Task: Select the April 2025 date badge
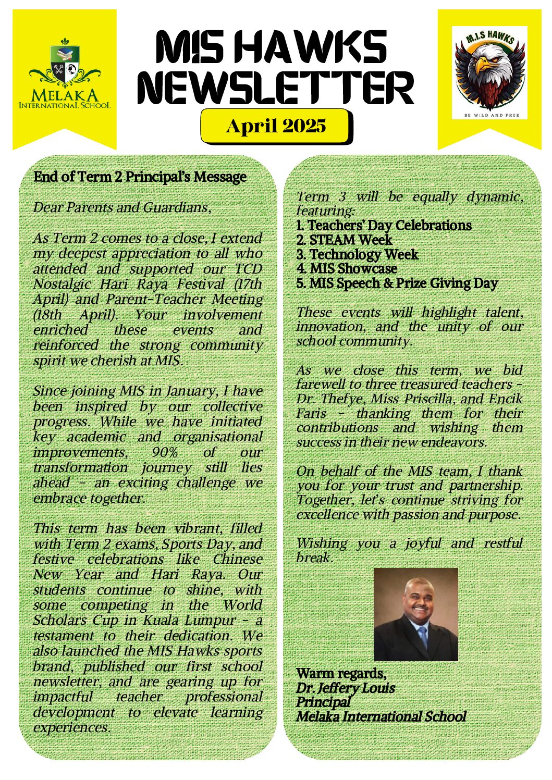coord(276,126)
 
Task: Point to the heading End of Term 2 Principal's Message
coord(140,177)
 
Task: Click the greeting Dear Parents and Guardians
coord(122,208)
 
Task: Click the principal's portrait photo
coord(415,614)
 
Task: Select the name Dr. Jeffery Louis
coord(345,688)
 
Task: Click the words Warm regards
coord(341,674)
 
